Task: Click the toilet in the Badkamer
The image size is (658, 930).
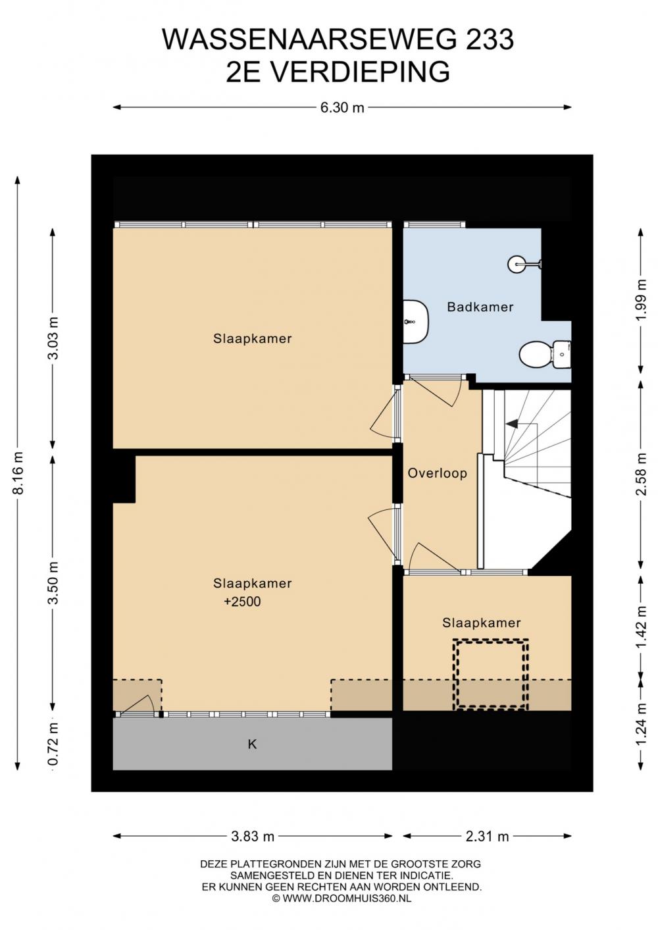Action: [545, 355]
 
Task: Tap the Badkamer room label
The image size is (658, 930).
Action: [480, 307]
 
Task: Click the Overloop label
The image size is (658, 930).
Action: [437, 473]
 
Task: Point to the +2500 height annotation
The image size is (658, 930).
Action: [242, 602]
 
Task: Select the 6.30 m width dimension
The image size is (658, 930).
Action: [342, 107]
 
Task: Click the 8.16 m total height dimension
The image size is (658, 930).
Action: [18, 473]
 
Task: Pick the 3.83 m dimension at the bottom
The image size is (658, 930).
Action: [253, 836]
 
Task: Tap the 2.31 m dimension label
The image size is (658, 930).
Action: [487, 836]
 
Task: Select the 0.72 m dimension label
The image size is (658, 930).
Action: [53, 744]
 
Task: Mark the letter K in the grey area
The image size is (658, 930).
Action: [252, 745]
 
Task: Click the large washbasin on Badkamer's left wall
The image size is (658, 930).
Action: [416, 321]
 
